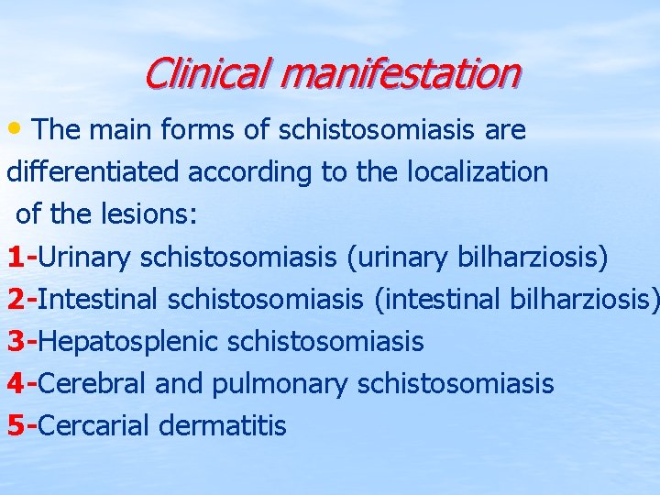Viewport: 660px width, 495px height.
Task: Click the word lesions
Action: pos(164,214)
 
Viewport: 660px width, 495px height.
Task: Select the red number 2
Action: pos(16,300)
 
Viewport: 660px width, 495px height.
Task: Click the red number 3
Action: pos(16,342)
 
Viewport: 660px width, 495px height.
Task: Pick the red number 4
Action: pos(16,383)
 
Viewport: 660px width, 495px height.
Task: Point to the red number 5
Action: pos(16,425)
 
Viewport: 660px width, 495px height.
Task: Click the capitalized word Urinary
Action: pos(85,258)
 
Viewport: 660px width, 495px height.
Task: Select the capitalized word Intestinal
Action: pos(96,300)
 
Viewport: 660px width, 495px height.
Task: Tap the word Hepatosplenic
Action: pos(129,342)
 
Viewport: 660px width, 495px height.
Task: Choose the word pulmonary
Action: pos(280,383)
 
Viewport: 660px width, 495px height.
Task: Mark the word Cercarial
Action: pos(95,425)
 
